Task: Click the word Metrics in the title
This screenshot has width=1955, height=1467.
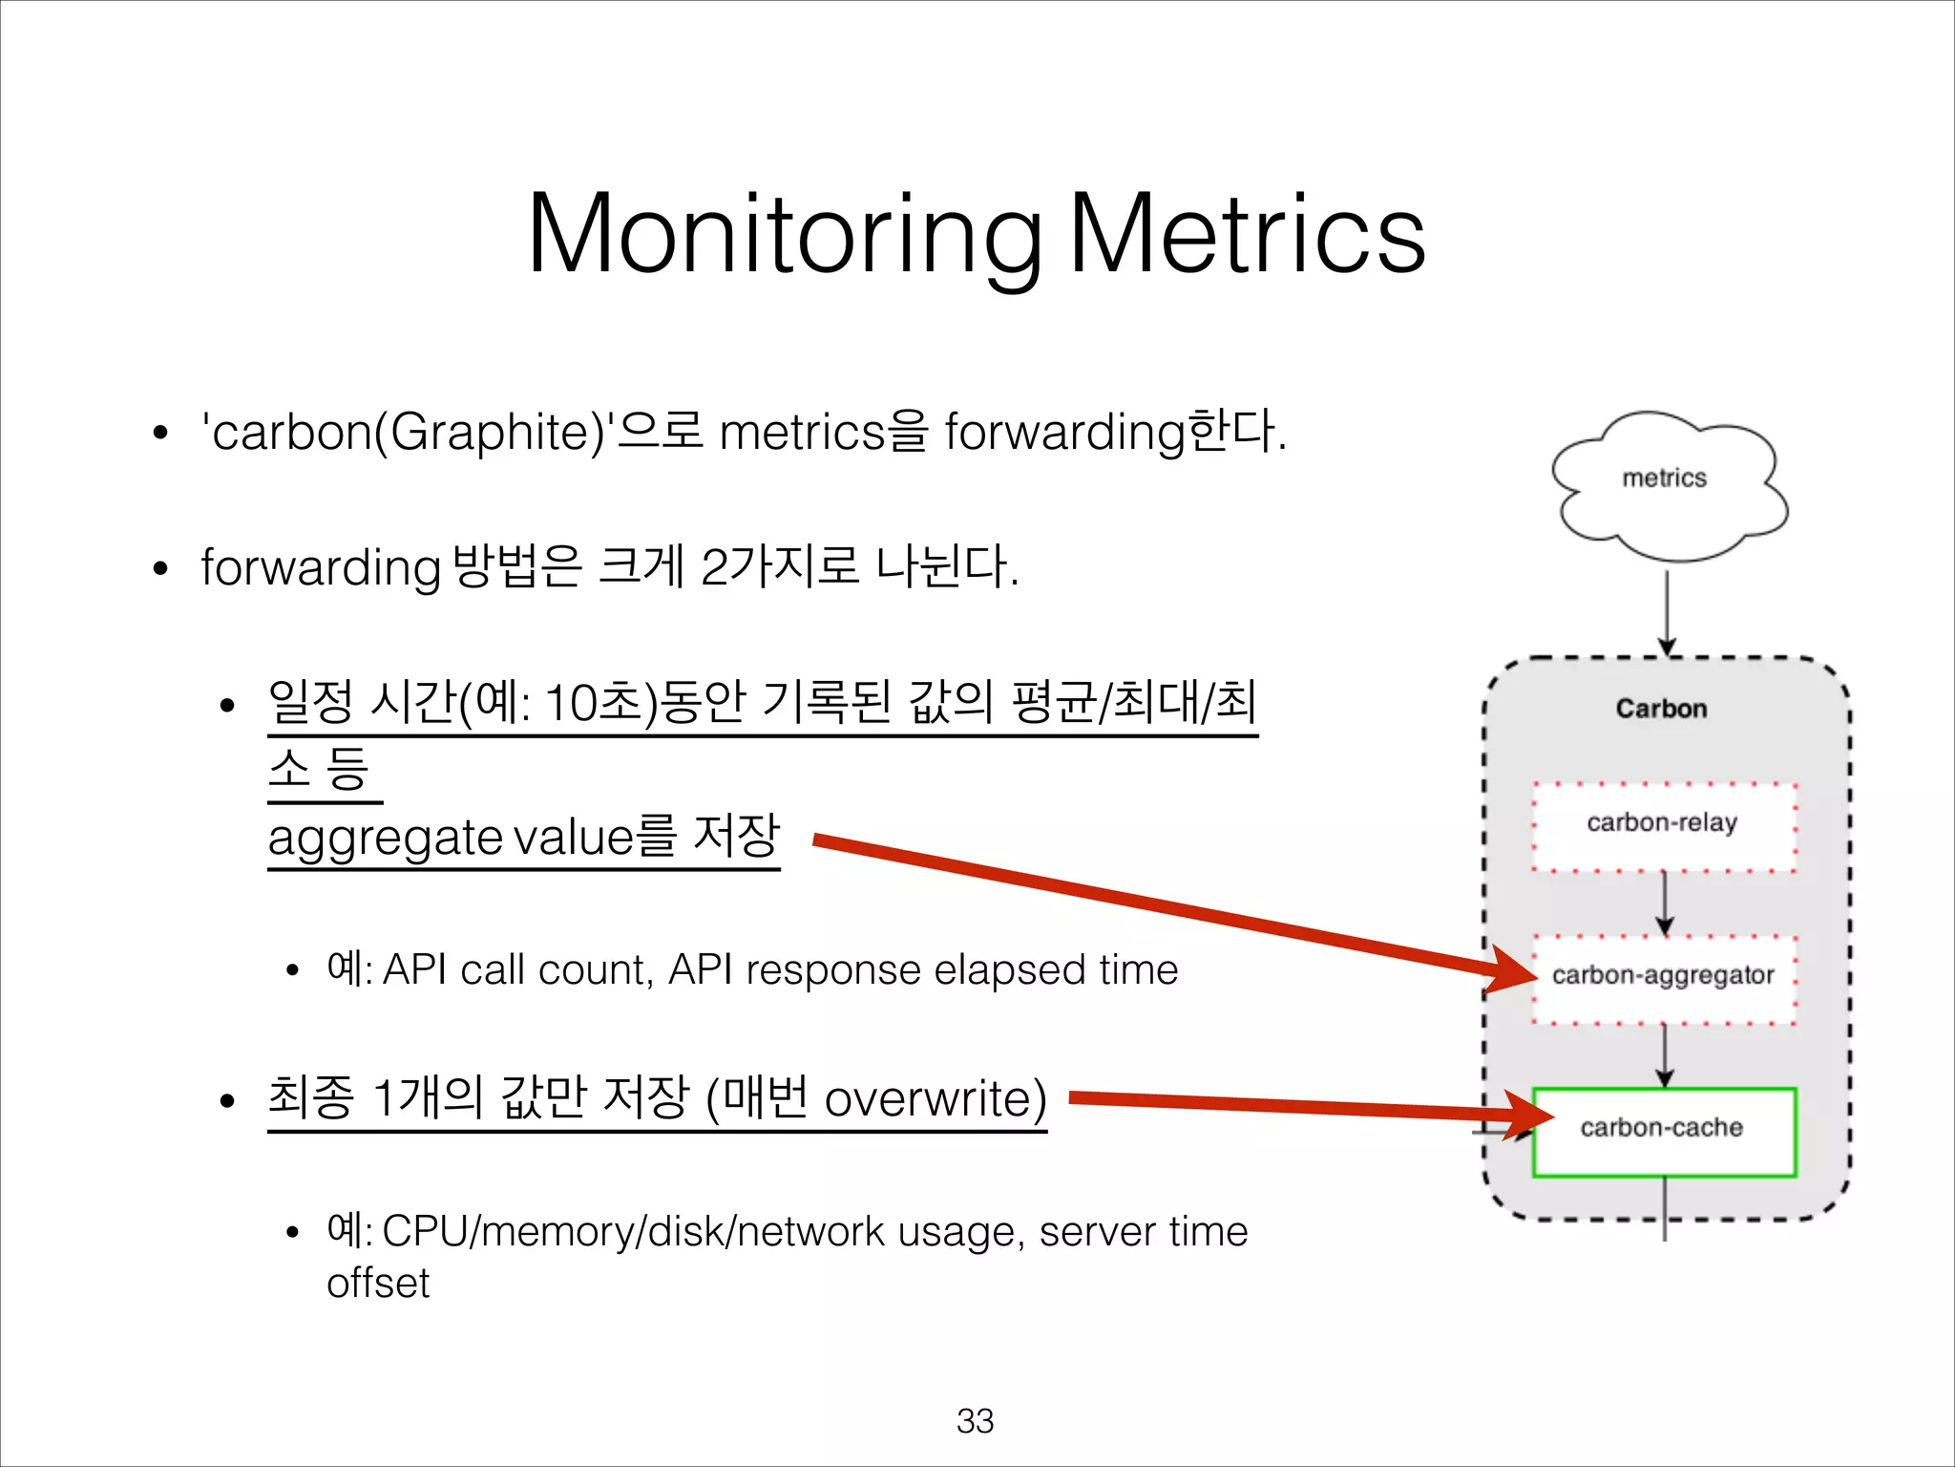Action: [1247, 234]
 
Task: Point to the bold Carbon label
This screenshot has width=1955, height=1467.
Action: [1661, 709]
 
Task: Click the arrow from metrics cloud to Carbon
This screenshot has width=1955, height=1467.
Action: [1667, 611]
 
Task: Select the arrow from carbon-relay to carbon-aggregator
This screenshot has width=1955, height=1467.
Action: [1664, 902]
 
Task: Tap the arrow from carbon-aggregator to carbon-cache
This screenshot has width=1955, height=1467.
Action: [1664, 1054]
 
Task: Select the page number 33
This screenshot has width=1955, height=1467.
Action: [975, 1420]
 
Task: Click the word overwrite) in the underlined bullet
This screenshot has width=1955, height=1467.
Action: [935, 1098]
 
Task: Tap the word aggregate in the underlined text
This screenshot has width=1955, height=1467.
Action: [386, 839]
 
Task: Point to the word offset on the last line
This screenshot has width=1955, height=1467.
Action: [378, 1283]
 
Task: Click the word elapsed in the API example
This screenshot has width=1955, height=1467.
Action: [1010, 970]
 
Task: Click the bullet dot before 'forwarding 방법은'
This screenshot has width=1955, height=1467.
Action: [160, 569]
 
